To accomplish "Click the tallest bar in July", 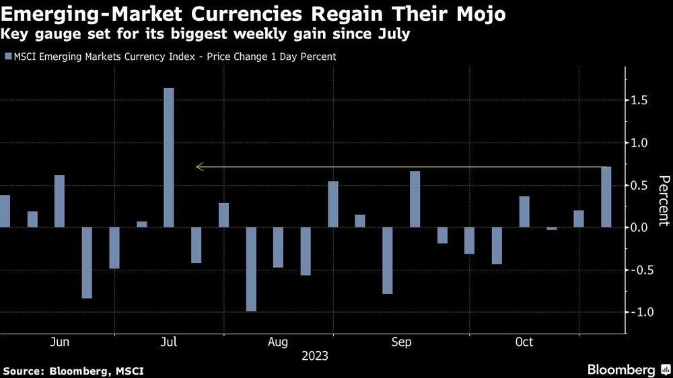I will pyautogui.click(x=169, y=157).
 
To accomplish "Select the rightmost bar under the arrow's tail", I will pyautogui.click(x=606, y=197).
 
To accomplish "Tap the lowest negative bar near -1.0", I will pyautogui.click(x=251, y=269).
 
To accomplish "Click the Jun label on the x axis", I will pyautogui.click(x=60, y=342).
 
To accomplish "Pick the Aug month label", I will pyautogui.click(x=279, y=342).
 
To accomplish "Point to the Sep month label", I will pyautogui.click(x=401, y=342).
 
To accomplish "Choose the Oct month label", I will pyautogui.click(x=524, y=342).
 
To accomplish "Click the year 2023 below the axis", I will pyautogui.click(x=314, y=355).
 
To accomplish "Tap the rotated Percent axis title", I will pyautogui.click(x=664, y=200).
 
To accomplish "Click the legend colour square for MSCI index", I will pyautogui.click(x=7, y=56).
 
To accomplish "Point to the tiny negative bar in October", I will pyautogui.click(x=552, y=229).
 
